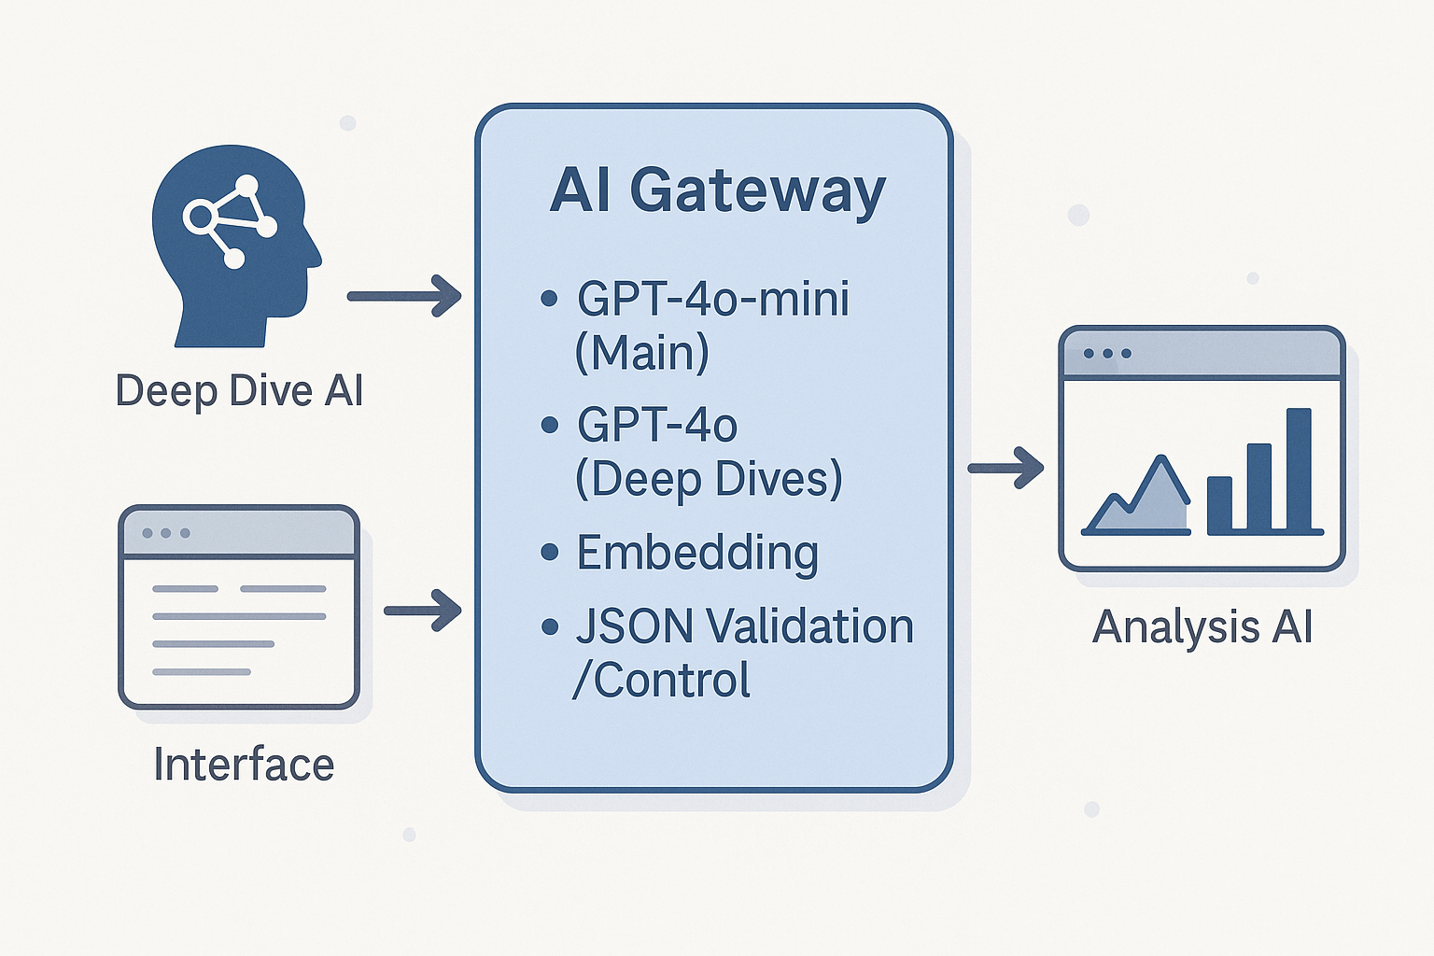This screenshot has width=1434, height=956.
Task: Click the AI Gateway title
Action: tap(717, 190)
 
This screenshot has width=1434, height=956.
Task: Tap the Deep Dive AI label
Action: tap(239, 390)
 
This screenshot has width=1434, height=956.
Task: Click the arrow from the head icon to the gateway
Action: tap(404, 296)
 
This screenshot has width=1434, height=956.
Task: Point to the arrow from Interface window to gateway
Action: tap(423, 611)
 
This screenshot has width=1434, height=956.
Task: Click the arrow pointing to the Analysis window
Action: tap(1005, 468)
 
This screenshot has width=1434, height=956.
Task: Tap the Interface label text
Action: tap(244, 765)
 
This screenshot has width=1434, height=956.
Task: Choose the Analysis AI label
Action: tap(1202, 626)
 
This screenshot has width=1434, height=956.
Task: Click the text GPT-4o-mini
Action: tap(713, 300)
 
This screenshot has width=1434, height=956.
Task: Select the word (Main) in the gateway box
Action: tap(642, 353)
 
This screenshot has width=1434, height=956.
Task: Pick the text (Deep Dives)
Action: tap(710, 479)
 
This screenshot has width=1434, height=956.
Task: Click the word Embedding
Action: tap(697, 553)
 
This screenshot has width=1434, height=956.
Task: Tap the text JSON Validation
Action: tap(744, 626)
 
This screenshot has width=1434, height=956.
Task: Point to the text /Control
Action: tap(662, 681)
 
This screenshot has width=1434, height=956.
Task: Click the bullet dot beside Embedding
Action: tap(550, 553)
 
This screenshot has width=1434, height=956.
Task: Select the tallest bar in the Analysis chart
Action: tap(1299, 471)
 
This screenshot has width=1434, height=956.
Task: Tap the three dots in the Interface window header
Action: tap(166, 533)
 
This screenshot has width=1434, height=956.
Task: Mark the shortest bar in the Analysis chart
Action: tap(1219, 505)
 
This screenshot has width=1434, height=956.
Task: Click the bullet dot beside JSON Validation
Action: tap(550, 626)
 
